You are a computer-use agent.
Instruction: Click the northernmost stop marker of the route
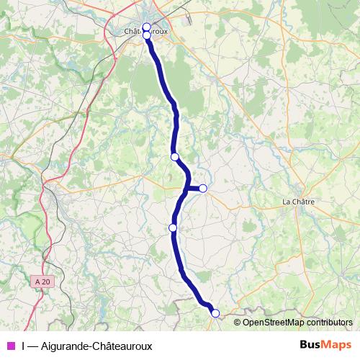click(146, 27)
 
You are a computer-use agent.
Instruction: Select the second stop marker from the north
click(146, 35)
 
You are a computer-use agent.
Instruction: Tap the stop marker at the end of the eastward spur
click(203, 189)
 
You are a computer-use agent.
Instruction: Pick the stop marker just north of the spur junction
click(174, 156)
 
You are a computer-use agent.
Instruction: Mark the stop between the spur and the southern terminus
click(173, 228)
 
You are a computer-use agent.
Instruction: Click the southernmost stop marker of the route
click(215, 313)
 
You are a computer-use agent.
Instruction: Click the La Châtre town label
click(300, 201)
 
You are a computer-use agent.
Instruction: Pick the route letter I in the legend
click(23, 346)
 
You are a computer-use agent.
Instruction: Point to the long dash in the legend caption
click(34, 346)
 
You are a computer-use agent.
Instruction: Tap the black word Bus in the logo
click(310, 346)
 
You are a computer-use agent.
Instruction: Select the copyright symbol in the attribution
click(238, 323)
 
